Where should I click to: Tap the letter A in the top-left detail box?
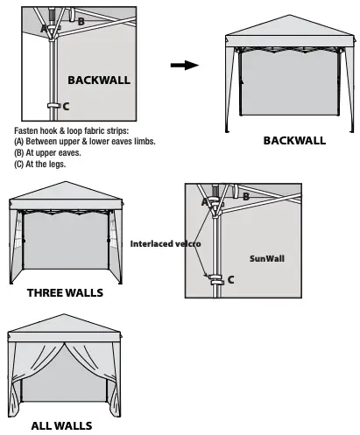click(x=44, y=29)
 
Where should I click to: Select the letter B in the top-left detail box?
click(x=81, y=19)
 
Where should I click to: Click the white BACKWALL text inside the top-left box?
click(x=99, y=80)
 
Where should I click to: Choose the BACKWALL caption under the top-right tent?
click(x=294, y=140)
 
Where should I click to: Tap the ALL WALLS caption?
click(x=61, y=426)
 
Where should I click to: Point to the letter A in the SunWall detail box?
click(x=207, y=201)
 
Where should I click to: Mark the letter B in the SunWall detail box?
click(x=246, y=197)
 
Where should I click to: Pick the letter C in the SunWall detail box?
click(x=230, y=280)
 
